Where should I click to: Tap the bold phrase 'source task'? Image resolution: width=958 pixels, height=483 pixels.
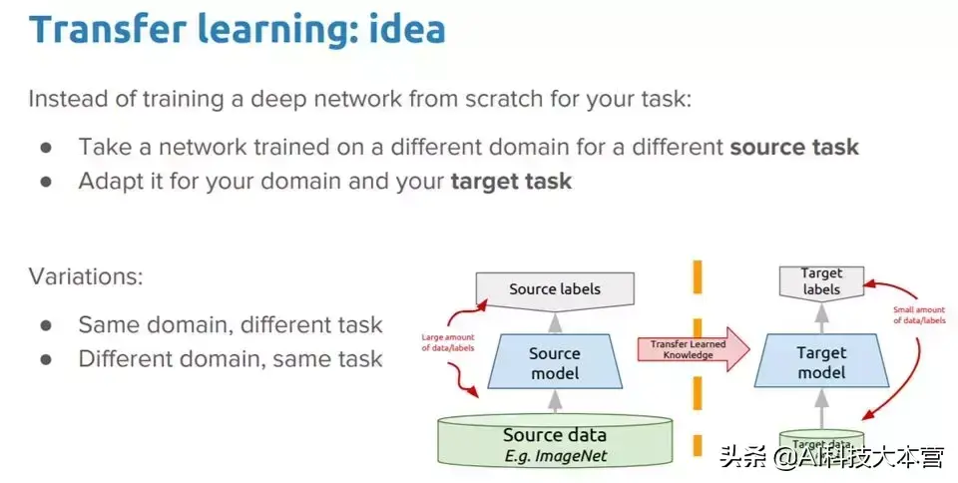794,148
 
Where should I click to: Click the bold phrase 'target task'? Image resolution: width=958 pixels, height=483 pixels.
511,182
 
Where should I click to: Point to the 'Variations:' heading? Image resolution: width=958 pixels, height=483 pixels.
86,276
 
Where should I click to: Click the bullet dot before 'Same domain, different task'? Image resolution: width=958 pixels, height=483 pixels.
46,325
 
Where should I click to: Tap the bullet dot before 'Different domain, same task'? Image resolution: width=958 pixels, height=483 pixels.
46,360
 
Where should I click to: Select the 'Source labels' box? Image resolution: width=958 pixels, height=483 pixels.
555,289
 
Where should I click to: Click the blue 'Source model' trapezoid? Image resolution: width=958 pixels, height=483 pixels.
555,363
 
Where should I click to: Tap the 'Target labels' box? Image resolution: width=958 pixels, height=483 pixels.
821,281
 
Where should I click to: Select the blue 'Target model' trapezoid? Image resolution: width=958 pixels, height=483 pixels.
821,363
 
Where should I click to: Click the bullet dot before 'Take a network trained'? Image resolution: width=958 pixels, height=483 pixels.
46,148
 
